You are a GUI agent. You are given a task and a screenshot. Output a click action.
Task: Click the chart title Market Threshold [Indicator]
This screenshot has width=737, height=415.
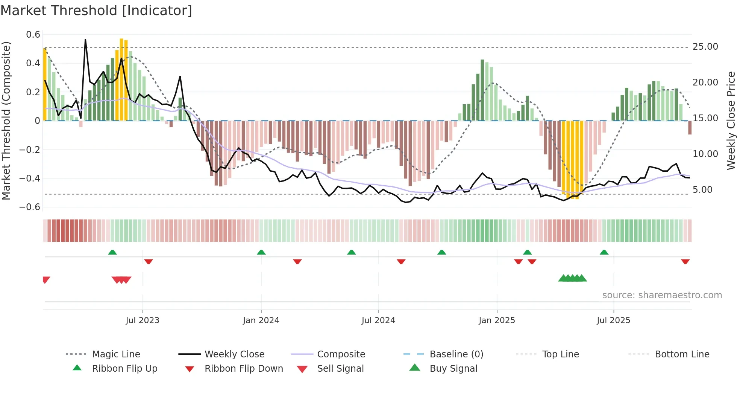(x=96, y=11)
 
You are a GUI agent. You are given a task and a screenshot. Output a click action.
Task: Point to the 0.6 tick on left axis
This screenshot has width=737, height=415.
(x=33, y=35)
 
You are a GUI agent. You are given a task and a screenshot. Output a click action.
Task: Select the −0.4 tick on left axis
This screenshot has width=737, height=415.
(x=30, y=178)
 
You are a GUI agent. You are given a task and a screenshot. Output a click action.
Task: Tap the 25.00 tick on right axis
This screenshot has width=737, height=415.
(x=705, y=47)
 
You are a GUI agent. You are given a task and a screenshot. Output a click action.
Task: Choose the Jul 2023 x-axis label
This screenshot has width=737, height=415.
(x=143, y=320)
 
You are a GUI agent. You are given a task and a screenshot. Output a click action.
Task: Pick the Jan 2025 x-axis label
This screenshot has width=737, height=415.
(x=497, y=320)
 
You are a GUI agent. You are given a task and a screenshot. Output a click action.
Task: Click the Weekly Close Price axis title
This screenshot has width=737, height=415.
(x=731, y=121)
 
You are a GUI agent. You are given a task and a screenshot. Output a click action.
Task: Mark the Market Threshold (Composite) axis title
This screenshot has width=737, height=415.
(x=6, y=121)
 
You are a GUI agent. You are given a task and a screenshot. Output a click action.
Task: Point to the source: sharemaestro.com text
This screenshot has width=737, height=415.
(x=662, y=295)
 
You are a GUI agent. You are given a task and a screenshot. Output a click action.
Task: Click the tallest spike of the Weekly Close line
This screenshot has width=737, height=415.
(x=85, y=40)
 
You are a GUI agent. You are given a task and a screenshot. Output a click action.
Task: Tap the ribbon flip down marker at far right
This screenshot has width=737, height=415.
(x=685, y=261)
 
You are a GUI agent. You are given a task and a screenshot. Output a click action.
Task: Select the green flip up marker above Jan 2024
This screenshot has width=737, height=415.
(x=261, y=252)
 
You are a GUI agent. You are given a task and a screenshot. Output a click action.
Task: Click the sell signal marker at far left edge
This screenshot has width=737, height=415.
(x=46, y=280)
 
